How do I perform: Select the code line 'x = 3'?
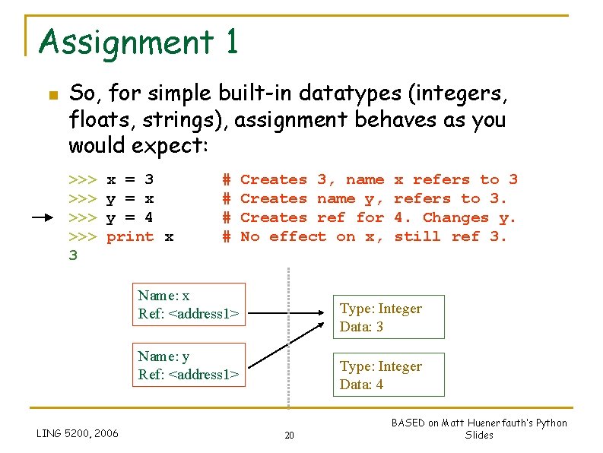(130, 180)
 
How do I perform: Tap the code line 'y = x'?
(130, 199)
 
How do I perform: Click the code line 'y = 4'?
(130, 218)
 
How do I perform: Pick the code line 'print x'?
(140, 237)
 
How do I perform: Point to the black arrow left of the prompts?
(47, 218)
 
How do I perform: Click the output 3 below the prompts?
(73, 256)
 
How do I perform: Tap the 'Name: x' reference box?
(192, 305)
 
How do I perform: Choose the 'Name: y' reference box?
(192, 365)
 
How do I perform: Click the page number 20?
(289, 435)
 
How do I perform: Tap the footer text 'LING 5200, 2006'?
(78, 433)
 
